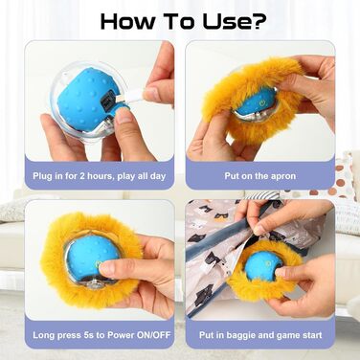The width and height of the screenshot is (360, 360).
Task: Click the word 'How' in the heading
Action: tap(127, 22)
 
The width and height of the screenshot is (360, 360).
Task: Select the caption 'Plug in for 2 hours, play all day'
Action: tap(100, 176)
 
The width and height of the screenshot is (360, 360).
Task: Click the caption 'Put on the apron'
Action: tap(260, 176)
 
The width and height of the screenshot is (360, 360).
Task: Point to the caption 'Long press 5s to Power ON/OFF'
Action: tap(101, 335)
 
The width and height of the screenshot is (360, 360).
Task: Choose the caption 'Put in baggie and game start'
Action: tap(260, 335)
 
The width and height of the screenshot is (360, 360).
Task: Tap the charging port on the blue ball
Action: tap(107, 99)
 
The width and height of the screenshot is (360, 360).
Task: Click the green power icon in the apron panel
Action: tap(262, 102)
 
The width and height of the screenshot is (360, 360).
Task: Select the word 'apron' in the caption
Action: tap(283, 177)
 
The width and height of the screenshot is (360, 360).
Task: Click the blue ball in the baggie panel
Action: tap(263, 267)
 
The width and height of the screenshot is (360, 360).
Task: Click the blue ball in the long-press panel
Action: tap(92, 257)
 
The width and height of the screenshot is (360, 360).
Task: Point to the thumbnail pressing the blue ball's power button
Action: tap(107, 267)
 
